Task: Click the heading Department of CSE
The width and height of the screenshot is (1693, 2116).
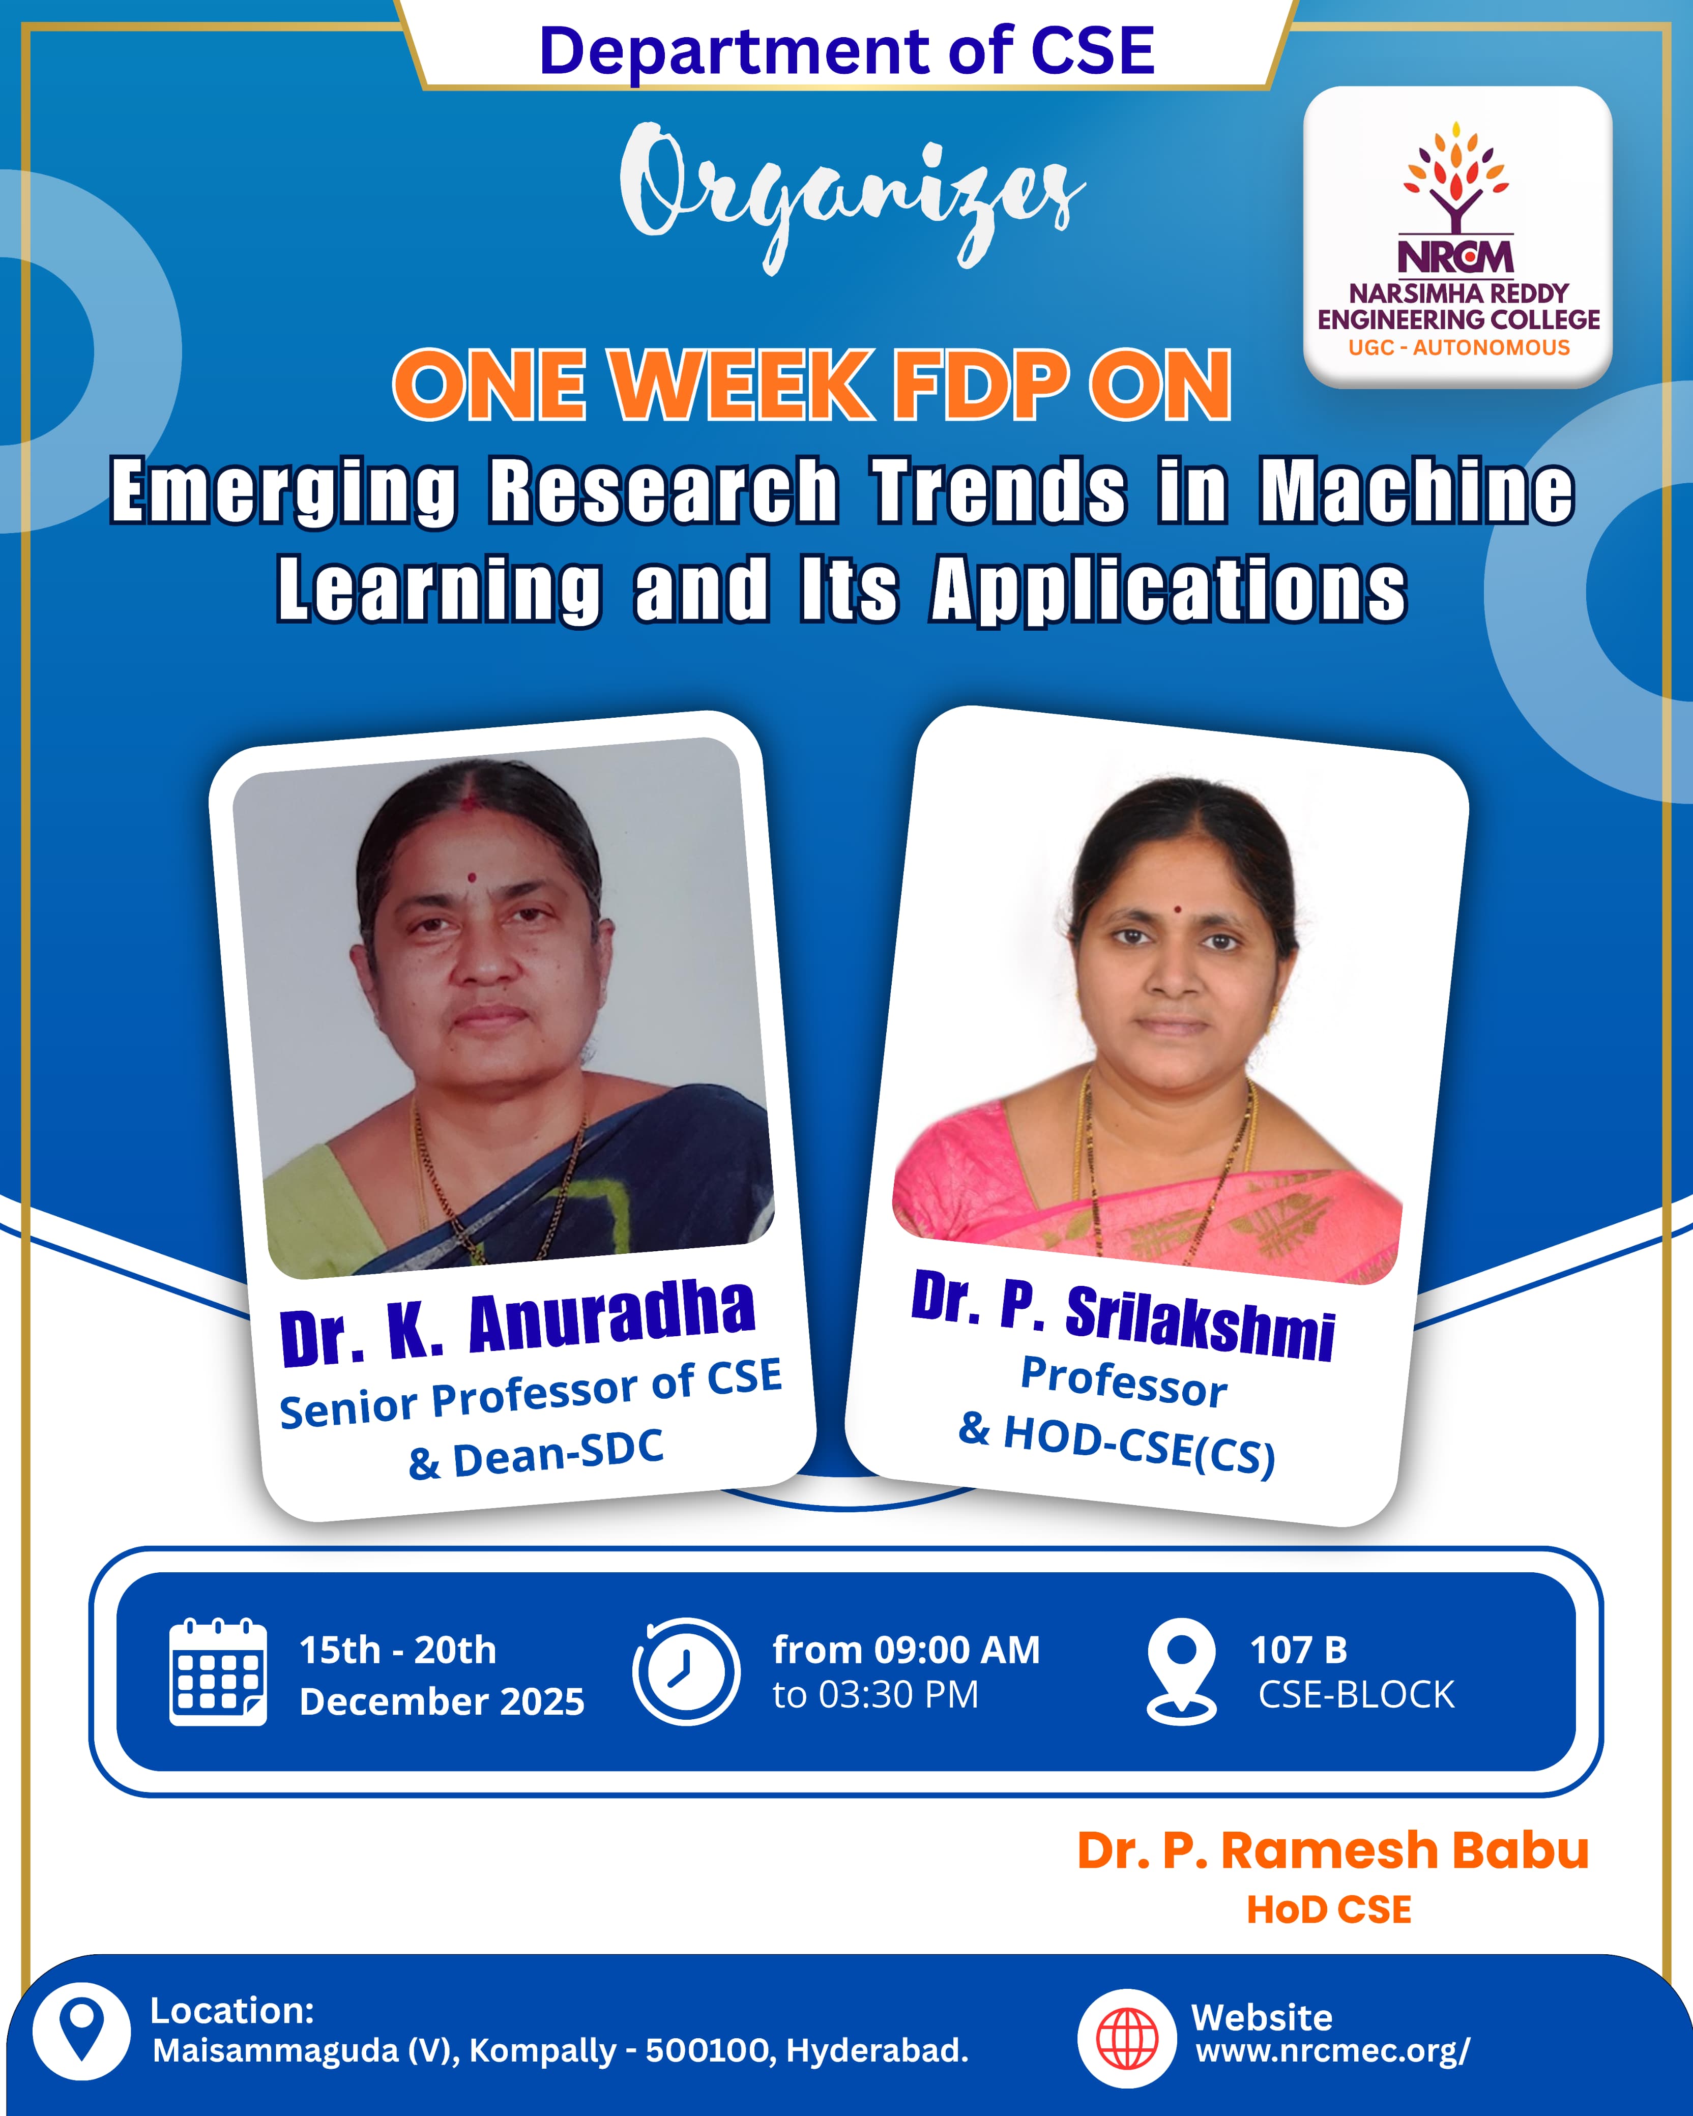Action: click(x=847, y=51)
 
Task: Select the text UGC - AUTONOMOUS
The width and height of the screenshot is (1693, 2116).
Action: click(x=1458, y=347)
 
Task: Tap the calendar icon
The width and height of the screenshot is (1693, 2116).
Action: click(x=218, y=1671)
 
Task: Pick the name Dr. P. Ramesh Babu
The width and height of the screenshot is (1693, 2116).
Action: click(x=1333, y=1850)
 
